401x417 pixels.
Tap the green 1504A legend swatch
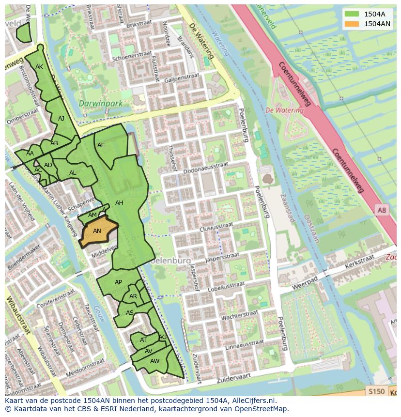coord(351,14)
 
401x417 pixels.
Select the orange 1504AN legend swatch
coord(351,24)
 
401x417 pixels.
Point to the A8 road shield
coord(382,210)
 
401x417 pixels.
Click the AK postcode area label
coord(39,67)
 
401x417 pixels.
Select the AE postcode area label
coord(101,145)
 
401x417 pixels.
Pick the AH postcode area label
coord(119,203)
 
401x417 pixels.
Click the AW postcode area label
coord(154,361)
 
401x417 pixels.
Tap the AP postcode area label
coord(118,282)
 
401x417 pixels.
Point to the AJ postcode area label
coord(61,119)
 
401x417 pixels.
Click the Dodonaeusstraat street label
coord(205,166)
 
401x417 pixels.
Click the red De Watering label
coord(284,110)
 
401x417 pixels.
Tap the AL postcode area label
coord(73,173)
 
